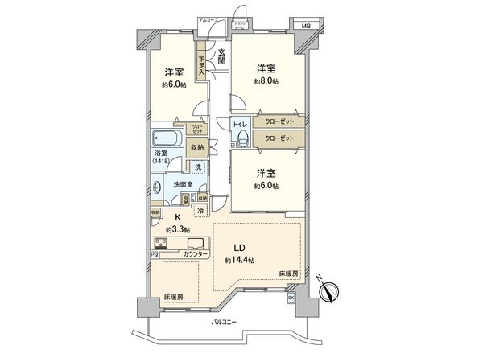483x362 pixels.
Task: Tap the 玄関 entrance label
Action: click(221, 57)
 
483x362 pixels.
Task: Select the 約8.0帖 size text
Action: click(266, 81)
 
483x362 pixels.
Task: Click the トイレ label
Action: click(240, 125)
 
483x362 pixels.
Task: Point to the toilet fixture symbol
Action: click(240, 141)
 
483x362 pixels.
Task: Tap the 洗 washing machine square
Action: click(197, 167)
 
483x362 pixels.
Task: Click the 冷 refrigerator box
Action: click(200, 212)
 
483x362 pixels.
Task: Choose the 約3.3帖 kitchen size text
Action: click(178, 229)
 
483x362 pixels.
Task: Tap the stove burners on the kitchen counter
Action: click(161, 245)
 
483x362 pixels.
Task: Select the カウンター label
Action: click(196, 255)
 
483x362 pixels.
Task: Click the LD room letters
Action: click(239, 247)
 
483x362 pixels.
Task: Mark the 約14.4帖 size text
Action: click(240, 261)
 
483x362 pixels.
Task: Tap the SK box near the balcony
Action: click(291, 297)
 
